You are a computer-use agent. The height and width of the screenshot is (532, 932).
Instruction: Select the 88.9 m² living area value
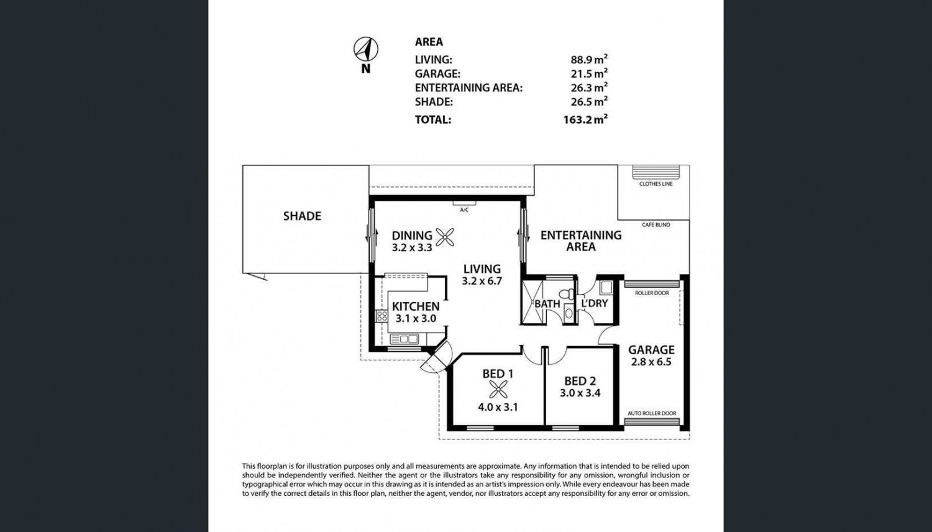tap(589, 59)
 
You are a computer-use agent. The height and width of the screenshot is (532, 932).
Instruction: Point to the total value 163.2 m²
tap(585, 119)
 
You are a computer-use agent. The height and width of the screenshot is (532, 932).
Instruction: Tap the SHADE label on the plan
tap(302, 216)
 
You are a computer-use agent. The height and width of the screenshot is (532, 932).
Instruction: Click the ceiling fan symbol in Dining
tap(445, 237)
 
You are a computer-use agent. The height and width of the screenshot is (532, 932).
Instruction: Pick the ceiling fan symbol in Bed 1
tap(498, 390)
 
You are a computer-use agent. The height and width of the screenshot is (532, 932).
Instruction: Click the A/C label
tap(464, 210)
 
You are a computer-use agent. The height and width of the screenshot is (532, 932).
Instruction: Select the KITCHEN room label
tap(416, 306)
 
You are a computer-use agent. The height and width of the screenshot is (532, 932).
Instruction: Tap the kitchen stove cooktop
tap(381, 316)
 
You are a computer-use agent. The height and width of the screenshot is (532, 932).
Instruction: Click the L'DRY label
tap(595, 303)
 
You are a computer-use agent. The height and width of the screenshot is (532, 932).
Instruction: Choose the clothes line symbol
tap(656, 172)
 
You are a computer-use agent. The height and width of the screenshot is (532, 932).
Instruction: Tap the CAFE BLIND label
tap(656, 225)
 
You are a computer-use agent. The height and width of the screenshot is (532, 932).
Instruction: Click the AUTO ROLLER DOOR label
tap(652, 413)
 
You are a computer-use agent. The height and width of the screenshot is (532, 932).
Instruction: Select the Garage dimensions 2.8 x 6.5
tap(651, 362)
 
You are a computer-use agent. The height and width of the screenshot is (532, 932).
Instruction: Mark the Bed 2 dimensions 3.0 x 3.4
tap(580, 393)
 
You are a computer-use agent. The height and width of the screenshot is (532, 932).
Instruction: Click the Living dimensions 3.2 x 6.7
tap(482, 281)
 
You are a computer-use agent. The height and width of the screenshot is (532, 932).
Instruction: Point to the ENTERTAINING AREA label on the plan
tap(581, 241)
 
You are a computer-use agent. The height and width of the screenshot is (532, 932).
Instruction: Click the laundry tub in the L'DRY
tap(606, 287)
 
